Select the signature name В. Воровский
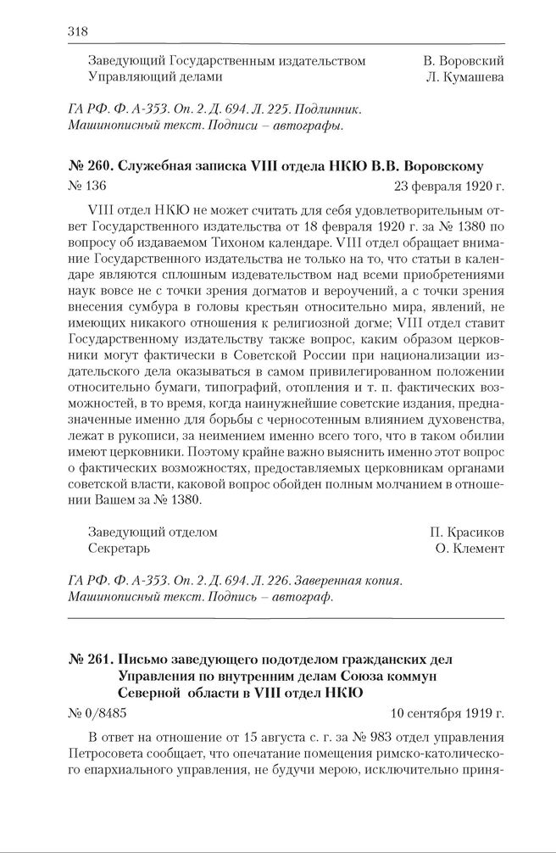pyautogui.click(x=464, y=61)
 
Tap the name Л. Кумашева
pyautogui.click(x=466, y=77)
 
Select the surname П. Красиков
pyautogui.click(x=467, y=532)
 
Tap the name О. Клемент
pyautogui.click(x=468, y=549)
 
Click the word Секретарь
pyautogui.click(x=118, y=549)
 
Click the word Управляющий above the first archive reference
pyautogui.click(x=129, y=77)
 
